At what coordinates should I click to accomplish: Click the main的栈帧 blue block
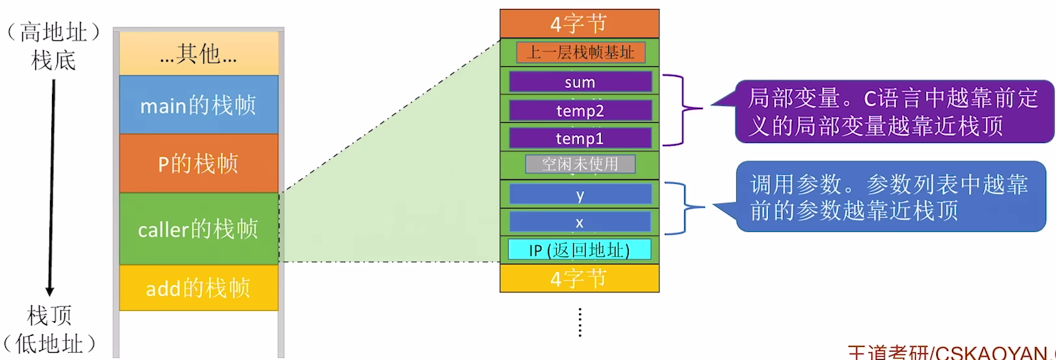coord(198,105)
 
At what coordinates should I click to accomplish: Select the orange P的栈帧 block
coord(198,163)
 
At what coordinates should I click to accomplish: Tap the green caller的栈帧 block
coord(198,229)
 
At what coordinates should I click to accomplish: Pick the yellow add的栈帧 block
coord(198,287)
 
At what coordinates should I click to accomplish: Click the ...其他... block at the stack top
coord(198,53)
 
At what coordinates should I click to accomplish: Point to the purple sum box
coord(580,82)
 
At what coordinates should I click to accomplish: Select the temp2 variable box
coord(580,110)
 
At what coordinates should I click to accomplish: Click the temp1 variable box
coord(580,138)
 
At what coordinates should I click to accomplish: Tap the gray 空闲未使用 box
coord(580,164)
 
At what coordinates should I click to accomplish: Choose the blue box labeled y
coord(580,194)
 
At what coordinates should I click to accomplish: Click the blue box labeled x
coord(580,222)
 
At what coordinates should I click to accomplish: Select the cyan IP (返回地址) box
coord(580,250)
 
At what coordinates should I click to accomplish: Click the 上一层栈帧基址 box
coord(580,52)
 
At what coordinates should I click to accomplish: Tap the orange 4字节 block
coord(579,23)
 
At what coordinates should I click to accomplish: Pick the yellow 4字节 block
coord(579,278)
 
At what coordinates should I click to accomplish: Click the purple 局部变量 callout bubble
coord(894,111)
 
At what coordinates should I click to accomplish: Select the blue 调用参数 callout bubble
coord(890,197)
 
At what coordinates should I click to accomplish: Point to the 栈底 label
coord(53,60)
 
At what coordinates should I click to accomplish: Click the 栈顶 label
coord(49,316)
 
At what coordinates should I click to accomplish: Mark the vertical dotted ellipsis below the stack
coord(580,322)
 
